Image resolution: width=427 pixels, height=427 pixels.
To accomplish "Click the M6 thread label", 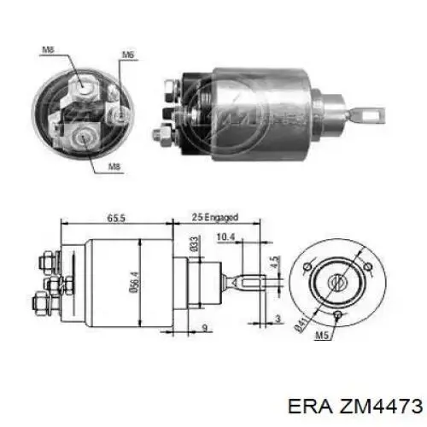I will click(128, 56).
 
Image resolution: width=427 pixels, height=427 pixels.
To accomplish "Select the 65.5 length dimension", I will click(116, 219).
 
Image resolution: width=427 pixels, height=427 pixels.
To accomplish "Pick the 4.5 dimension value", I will click(273, 264).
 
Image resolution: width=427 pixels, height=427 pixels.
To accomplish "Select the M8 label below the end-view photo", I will click(114, 165).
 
